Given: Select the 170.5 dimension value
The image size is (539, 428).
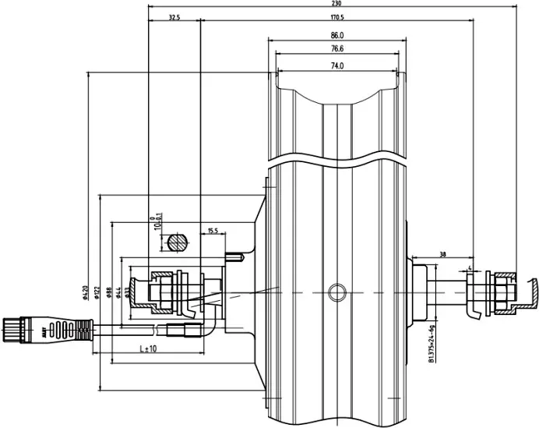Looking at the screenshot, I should (x=336, y=17).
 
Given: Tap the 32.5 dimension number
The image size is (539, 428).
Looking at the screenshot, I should (x=174, y=17).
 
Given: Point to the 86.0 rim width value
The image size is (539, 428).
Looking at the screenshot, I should (x=336, y=35).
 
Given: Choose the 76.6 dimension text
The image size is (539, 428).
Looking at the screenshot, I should (x=336, y=49).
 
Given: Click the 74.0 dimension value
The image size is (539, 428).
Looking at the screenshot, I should (x=336, y=66).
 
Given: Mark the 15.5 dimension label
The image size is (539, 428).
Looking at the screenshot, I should (x=213, y=231).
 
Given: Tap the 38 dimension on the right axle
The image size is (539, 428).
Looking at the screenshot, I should (x=442, y=255).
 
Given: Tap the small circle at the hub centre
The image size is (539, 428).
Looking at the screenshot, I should (x=336, y=292).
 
